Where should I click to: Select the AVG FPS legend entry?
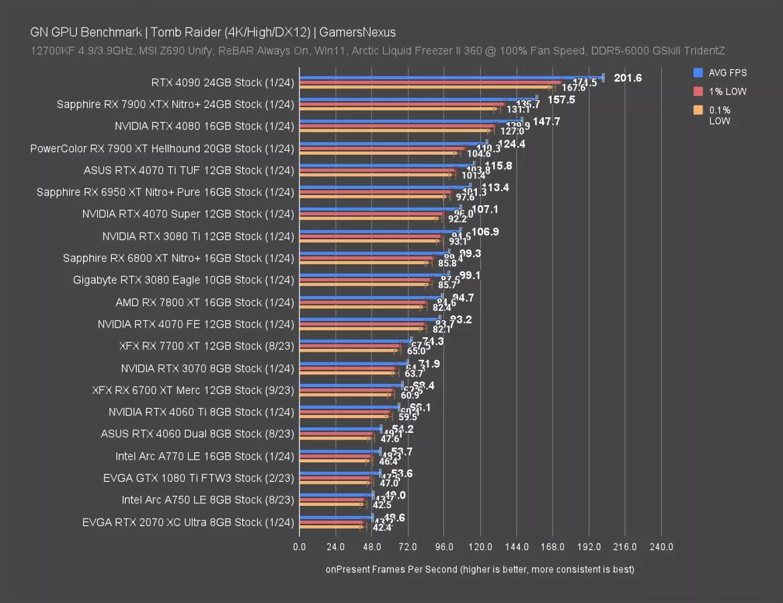727,73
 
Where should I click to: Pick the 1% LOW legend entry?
727,91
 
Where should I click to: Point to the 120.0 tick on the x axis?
481,547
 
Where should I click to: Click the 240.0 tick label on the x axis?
662,547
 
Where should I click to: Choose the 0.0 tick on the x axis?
299,547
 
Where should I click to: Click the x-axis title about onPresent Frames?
480,569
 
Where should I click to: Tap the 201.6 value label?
628,78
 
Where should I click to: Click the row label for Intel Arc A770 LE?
204,456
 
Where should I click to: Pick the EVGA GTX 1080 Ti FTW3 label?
199,478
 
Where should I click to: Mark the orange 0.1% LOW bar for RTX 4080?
395,131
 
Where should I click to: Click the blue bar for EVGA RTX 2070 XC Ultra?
336,517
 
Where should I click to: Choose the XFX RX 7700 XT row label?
207,346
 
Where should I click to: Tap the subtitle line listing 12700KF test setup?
377,51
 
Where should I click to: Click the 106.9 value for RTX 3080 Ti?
485,232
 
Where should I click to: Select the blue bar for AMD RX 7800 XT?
370,296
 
